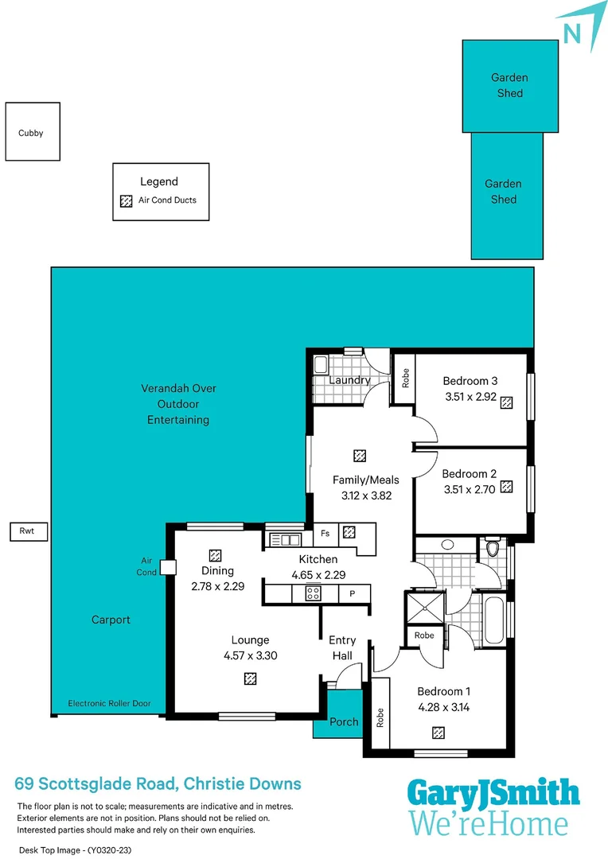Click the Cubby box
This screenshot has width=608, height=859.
[x=32, y=132]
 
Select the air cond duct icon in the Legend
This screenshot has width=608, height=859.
[x=125, y=201]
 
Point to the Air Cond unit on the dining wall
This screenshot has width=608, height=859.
[x=167, y=567]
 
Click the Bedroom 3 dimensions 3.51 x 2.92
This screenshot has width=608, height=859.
[x=470, y=395]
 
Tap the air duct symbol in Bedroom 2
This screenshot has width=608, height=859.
[x=505, y=489]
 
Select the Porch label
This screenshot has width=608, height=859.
[x=345, y=722]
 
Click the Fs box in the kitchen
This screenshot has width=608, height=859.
[x=325, y=533]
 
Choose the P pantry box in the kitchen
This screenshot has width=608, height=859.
[x=351, y=593]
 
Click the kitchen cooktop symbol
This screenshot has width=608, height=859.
[x=312, y=593]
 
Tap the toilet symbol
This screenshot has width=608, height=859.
[x=492, y=548]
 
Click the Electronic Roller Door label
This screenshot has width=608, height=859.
[x=109, y=704]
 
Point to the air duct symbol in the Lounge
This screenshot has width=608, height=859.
[x=250, y=678]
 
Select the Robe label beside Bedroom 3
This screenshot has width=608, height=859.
[x=405, y=377]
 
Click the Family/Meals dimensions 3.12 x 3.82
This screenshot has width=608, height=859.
[x=365, y=495]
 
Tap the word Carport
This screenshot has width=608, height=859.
[x=111, y=620]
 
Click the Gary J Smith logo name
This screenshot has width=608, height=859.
[x=493, y=794]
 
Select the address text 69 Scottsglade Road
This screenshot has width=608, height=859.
[x=95, y=784]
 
